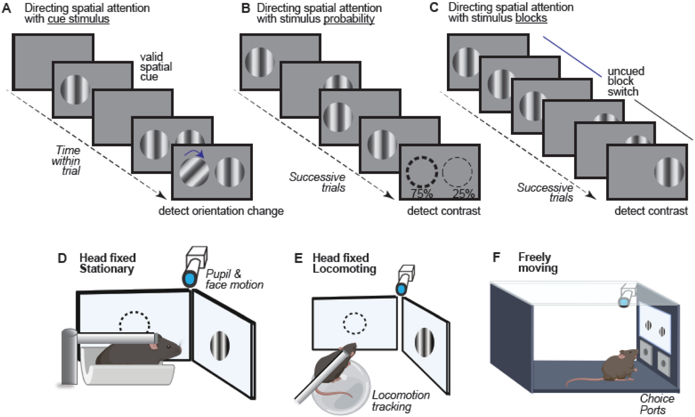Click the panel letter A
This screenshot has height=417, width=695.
[7, 9]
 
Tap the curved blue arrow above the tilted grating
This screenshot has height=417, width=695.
[195, 154]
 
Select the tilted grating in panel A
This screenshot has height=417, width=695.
[194, 172]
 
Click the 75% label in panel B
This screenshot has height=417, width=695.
[421, 193]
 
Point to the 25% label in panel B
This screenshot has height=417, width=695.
[463, 193]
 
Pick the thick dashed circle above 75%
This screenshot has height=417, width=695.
[422, 171]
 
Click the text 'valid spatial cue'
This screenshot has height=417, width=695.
[156, 67]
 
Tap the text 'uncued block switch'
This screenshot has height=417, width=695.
[625, 82]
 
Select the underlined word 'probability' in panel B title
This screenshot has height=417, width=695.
[349, 19]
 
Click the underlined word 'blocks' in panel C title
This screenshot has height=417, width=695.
[531, 18]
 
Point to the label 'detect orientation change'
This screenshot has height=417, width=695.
[221, 211]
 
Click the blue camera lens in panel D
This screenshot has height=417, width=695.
[190, 279]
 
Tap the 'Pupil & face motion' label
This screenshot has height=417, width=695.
[234, 279]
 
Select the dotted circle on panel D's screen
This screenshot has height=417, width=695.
[134, 322]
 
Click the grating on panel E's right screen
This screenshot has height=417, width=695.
[424, 342]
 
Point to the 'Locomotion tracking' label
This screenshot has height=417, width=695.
[400, 401]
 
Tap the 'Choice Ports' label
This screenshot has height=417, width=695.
[656, 404]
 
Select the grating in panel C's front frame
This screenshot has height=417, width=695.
[669, 172]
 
